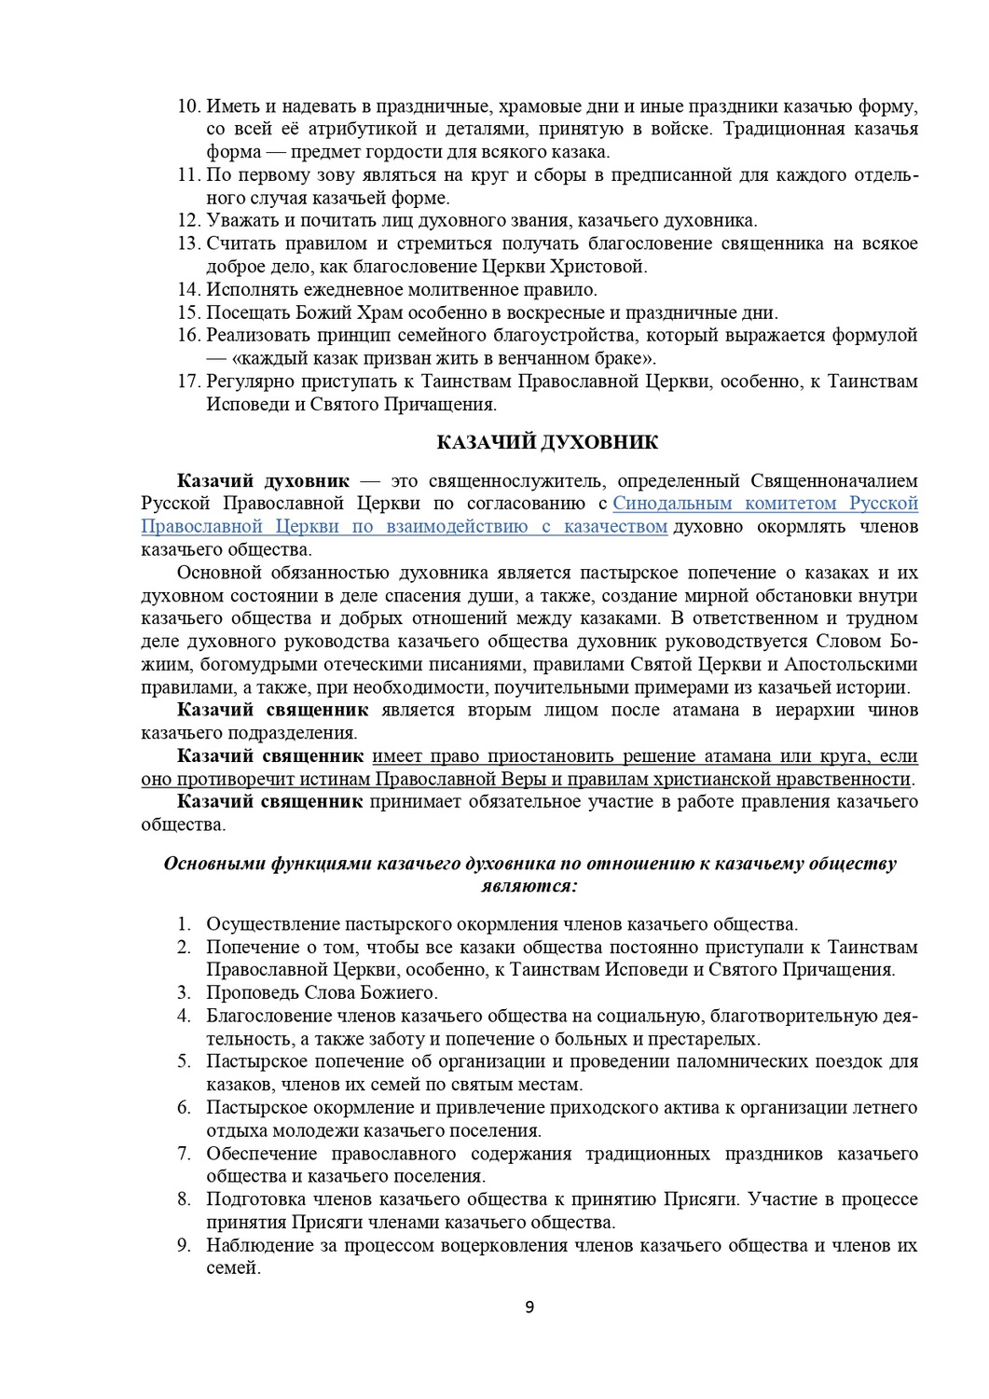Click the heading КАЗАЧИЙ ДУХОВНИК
547,443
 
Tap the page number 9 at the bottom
529,1307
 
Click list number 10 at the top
189,105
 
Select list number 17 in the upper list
189,381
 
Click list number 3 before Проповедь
185,992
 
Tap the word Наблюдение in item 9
254,1245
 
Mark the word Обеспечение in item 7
257,1154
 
